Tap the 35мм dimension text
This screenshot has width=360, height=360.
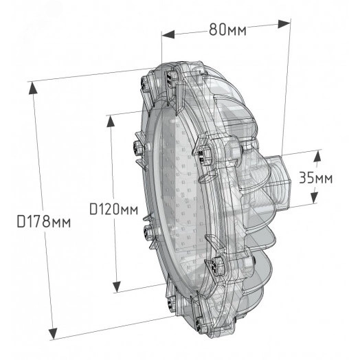click(x=315, y=177)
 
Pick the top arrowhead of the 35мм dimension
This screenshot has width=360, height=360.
click(x=317, y=153)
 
